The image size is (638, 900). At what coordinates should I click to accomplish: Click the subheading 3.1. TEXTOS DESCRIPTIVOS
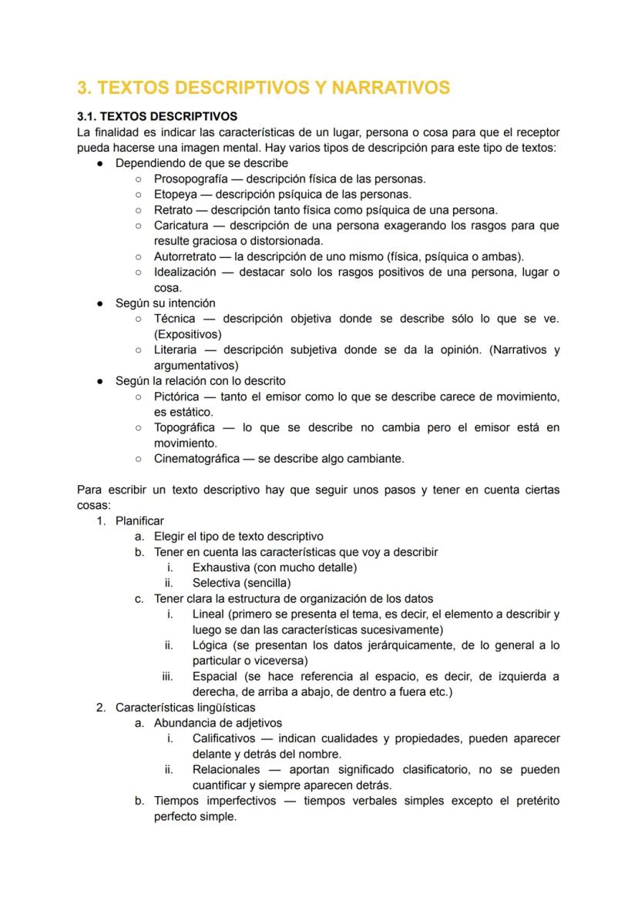(157, 117)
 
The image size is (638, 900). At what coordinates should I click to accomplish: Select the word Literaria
(176, 350)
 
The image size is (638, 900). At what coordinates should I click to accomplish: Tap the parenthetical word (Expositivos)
(187, 334)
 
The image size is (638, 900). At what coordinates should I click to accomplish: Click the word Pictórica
(177, 396)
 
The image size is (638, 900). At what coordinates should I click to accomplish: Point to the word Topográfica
(184, 427)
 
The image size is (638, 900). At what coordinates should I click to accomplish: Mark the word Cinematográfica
(194, 459)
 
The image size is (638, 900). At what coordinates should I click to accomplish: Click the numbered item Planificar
(139, 520)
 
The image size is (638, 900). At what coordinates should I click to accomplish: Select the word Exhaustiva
(221, 567)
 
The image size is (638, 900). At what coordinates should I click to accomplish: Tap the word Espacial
(214, 676)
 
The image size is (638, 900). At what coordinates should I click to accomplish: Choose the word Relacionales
(226, 769)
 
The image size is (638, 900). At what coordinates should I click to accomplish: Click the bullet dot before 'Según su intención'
(100, 303)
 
